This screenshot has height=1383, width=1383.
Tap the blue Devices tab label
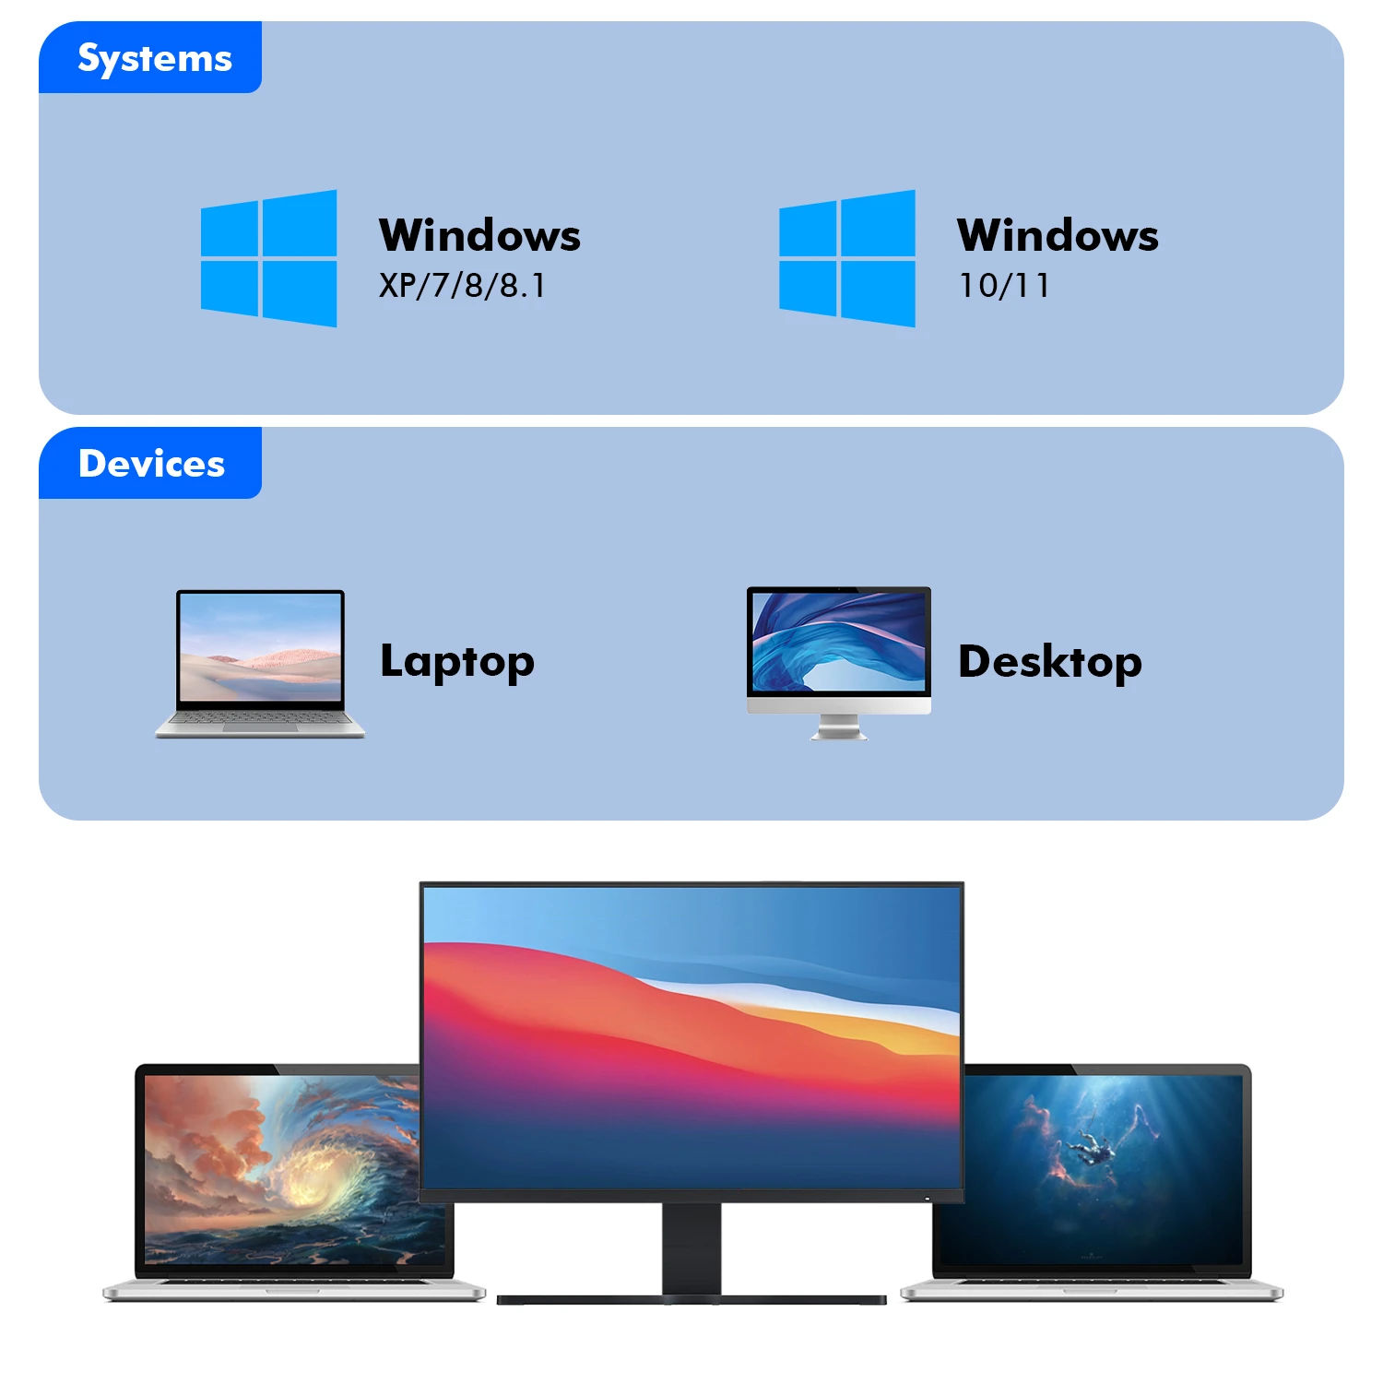click(x=150, y=464)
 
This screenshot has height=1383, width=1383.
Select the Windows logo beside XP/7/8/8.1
click(x=268, y=258)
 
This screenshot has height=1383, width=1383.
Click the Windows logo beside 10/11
click(x=846, y=258)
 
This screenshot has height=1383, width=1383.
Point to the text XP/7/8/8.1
click(x=462, y=286)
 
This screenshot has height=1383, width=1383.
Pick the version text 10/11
click(x=1004, y=286)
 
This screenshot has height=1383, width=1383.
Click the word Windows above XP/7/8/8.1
click(x=479, y=235)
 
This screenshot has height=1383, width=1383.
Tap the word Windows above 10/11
click(x=1058, y=235)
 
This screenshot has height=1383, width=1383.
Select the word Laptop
click(x=457, y=662)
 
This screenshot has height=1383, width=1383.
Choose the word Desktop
click(x=1050, y=662)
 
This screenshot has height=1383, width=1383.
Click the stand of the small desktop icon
click(x=838, y=727)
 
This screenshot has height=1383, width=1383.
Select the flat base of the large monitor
click(x=691, y=1300)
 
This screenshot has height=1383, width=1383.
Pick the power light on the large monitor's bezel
click(x=927, y=1199)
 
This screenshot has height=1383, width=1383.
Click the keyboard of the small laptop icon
click(x=260, y=719)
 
